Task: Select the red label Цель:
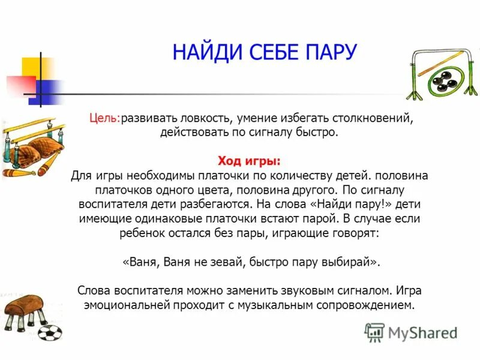click(x=105, y=119)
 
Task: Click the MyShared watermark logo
click(x=411, y=332)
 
